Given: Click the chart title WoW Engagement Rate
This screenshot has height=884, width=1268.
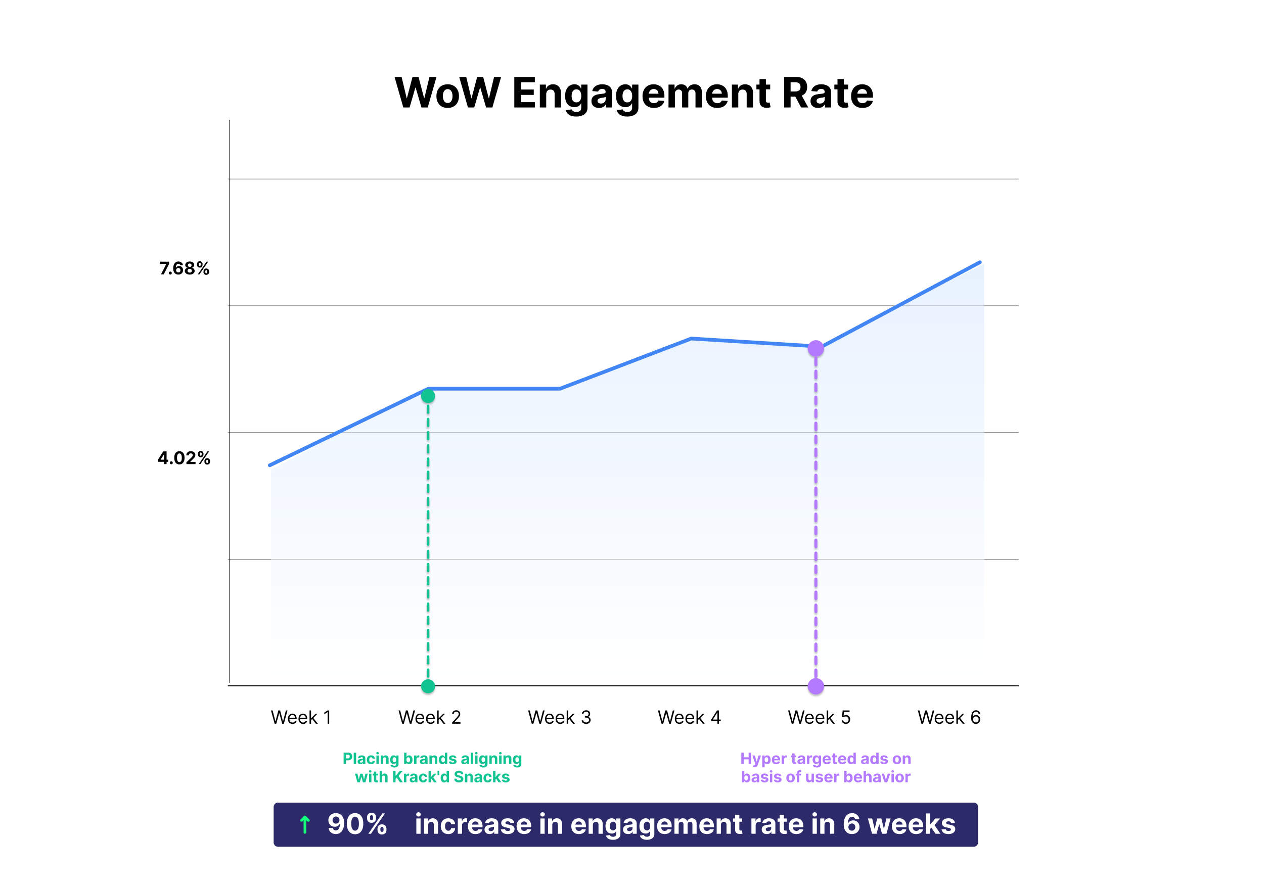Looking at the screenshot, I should click(634, 93).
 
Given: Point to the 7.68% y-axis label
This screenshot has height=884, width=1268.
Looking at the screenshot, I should click(185, 268).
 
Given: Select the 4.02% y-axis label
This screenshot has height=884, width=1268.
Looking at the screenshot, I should click(184, 458).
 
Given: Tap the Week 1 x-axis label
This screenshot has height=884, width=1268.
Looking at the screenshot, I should click(301, 717).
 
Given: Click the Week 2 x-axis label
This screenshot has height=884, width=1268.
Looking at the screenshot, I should click(430, 717).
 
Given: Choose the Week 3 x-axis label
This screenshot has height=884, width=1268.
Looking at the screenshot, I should click(560, 717).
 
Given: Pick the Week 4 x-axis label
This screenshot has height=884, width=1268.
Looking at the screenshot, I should click(689, 717).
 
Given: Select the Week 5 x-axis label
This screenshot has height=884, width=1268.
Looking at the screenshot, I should click(819, 717).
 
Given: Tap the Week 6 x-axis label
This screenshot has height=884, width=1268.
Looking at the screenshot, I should click(949, 717).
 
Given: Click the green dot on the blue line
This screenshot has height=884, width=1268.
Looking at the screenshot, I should click(428, 396).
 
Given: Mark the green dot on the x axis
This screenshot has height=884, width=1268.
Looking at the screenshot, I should click(428, 686).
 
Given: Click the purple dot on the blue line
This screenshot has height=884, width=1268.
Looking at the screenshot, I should click(816, 348).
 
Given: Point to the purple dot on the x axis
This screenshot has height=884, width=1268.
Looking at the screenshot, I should click(816, 686).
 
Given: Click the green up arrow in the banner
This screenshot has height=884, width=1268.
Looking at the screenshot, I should click(304, 825).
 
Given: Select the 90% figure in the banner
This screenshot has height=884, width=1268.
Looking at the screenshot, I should click(357, 824).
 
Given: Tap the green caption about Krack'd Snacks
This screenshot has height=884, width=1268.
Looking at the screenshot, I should click(432, 767).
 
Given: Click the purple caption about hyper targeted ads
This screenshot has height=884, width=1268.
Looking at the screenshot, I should click(825, 767).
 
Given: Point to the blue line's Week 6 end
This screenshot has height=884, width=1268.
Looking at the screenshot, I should click(980, 262).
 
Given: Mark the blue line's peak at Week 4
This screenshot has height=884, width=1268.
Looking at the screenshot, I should click(692, 339).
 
